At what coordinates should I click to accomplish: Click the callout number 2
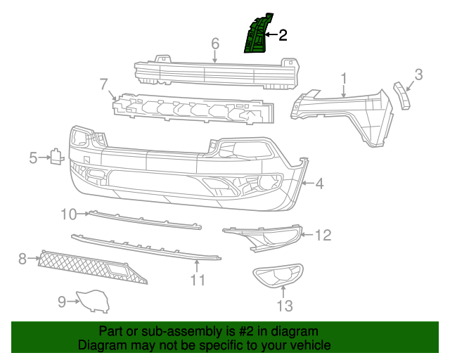(283, 34)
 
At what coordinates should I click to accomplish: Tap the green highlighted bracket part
(257, 34)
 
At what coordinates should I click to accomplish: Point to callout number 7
(104, 84)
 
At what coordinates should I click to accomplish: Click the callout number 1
(344, 77)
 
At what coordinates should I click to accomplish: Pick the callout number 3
(418, 74)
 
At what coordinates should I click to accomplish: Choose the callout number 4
(319, 184)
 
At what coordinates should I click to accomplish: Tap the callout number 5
(33, 158)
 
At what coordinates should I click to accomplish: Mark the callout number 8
(22, 259)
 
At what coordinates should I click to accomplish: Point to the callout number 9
(62, 302)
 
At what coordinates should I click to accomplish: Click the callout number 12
(322, 236)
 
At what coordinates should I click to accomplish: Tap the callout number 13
(284, 305)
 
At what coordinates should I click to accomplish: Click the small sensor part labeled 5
(54, 157)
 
